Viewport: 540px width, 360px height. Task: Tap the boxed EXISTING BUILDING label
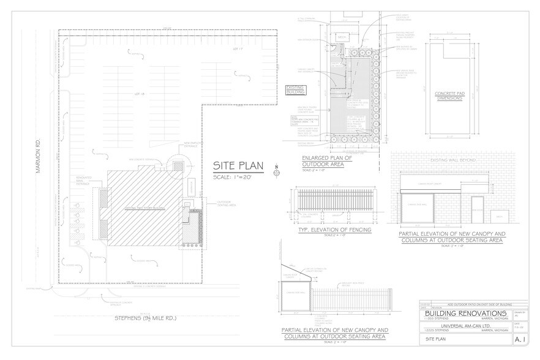298,91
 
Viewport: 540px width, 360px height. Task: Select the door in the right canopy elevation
478,210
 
